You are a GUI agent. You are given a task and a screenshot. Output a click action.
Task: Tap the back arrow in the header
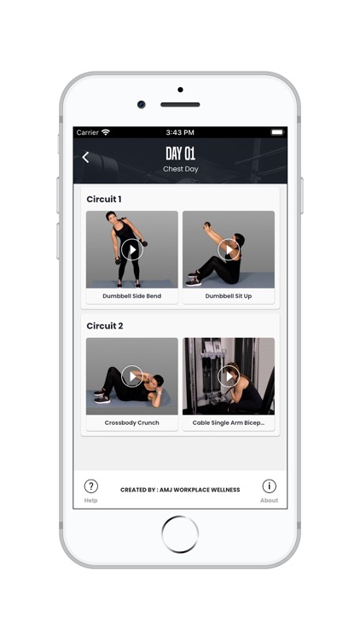(85, 157)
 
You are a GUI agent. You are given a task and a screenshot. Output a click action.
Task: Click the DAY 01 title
(180, 154)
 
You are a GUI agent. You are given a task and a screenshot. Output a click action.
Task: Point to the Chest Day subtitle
(180, 169)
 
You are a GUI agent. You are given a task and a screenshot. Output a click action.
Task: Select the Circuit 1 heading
(104, 199)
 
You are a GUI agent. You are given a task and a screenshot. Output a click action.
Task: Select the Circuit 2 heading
(105, 326)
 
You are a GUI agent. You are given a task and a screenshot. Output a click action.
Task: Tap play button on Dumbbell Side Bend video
(131, 249)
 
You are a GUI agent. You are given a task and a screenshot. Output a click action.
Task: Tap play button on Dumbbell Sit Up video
(229, 249)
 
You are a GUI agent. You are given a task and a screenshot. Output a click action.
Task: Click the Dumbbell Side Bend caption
(131, 296)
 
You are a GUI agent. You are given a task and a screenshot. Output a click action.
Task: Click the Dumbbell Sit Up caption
(229, 296)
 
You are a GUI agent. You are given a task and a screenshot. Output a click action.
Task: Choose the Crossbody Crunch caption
(131, 422)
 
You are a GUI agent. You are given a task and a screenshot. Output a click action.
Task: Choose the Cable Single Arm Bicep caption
(229, 422)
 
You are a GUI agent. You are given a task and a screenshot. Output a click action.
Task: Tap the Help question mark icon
(91, 486)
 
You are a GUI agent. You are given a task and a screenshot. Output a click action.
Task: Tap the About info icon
(269, 486)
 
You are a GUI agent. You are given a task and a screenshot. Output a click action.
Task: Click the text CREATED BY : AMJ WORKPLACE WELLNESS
(180, 490)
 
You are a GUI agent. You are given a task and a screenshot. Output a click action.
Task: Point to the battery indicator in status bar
(276, 132)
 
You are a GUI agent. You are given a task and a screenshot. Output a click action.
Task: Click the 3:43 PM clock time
(180, 132)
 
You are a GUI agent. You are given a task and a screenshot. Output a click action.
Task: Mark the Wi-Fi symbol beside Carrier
(106, 132)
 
